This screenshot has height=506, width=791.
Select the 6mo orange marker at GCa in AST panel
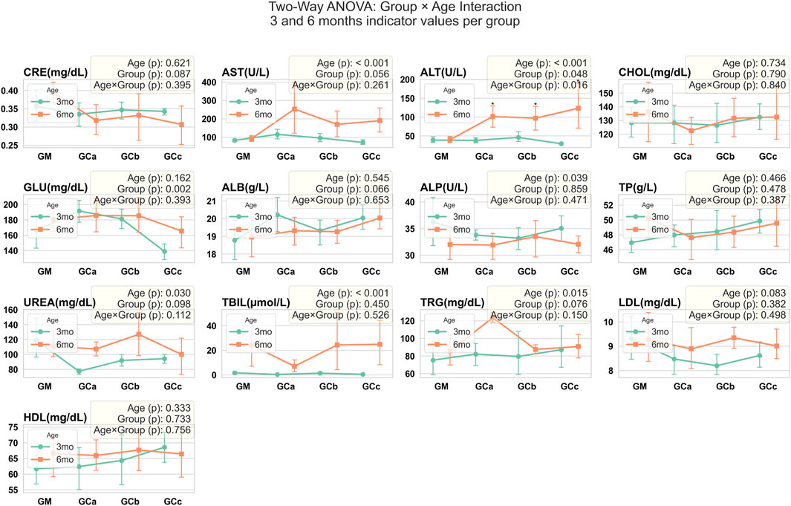click(x=273, y=109)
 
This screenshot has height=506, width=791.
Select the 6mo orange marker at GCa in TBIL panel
click(x=273, y=366)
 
